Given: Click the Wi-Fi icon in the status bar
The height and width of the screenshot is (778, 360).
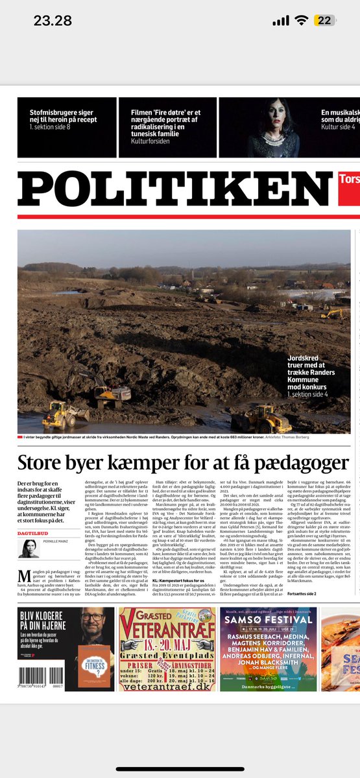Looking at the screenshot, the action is (302, 20).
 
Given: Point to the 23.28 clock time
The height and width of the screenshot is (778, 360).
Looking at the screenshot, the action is (53, 20).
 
